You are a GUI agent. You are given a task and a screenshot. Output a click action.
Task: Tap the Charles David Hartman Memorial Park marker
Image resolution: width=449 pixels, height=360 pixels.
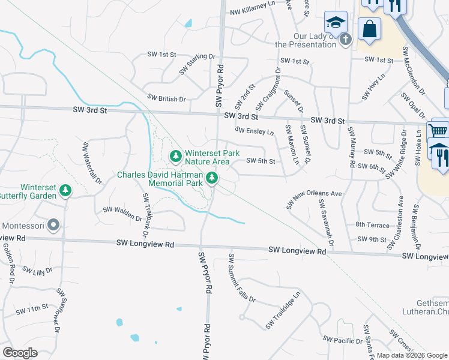(211, 178)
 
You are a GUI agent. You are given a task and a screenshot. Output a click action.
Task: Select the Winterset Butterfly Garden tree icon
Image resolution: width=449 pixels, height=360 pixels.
(65, 191)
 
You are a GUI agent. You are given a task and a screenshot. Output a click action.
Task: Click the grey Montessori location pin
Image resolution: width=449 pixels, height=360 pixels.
(53, 226)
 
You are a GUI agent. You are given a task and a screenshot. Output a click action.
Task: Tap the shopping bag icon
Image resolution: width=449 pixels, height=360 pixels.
(369, 28)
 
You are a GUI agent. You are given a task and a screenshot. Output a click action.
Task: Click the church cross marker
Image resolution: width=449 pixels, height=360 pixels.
(345, 40)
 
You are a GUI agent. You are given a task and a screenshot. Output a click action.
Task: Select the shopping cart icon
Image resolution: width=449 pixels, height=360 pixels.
(438, 131)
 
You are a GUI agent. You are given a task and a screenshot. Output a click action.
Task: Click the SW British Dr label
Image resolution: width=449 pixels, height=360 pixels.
(166, 98)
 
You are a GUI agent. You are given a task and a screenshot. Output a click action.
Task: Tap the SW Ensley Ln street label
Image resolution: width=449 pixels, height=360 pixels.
(254, 131)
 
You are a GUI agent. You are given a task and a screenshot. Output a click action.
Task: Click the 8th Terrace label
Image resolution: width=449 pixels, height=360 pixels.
(372, 224)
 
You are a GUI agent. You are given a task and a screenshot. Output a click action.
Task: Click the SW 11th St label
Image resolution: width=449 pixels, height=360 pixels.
(32, 309)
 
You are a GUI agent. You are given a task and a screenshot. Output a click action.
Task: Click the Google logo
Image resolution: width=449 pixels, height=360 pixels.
(20, 352)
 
